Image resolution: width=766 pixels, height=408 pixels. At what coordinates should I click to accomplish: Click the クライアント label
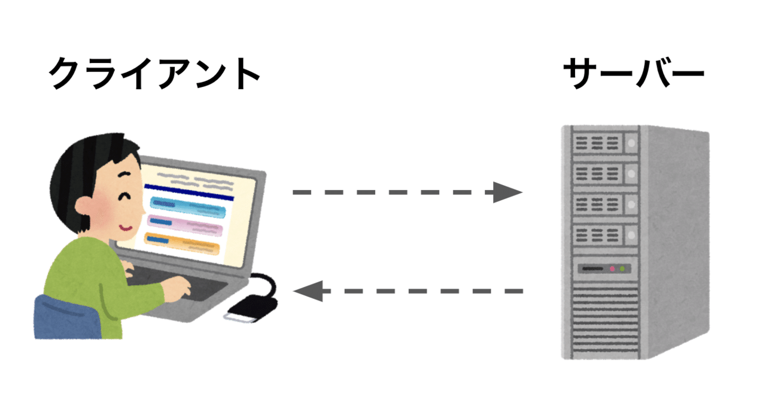tap(154, 74)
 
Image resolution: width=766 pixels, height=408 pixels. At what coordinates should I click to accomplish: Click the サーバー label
tap(633, 74)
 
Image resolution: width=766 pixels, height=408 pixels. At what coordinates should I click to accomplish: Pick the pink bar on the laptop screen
tap(185, 224)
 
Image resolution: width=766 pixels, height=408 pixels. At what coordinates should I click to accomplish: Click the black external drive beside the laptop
tap(251, 309)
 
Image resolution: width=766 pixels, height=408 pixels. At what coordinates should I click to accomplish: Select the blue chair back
tap(63, 318)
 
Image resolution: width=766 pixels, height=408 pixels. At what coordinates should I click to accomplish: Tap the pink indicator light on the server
tap(612, 269)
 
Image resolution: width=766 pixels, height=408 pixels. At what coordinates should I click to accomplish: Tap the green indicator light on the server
tap(623, 269)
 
